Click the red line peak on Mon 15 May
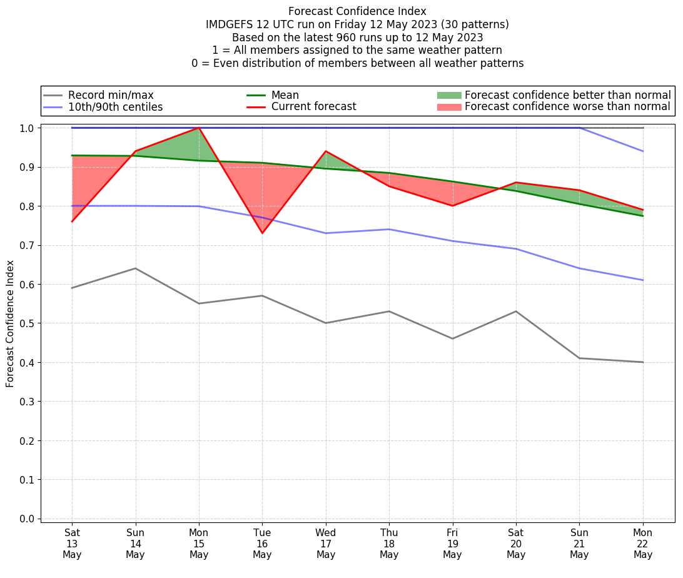pos(199,128)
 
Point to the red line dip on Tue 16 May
pos(262,233)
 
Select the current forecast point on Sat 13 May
pos(72,221)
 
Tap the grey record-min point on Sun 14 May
pos(135,268)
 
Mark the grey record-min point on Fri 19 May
pos(452,338)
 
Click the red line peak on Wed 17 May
pos(326,151)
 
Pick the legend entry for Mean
pos(285,95)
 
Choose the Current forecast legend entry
pos(313,107)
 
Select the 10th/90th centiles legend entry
pos(115,107)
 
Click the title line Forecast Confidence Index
pos(357,11)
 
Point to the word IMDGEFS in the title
pos(228,24)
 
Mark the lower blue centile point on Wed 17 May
pos(326,233)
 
